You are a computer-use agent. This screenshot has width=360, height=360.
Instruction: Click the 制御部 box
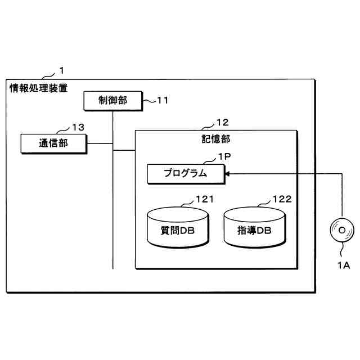112,101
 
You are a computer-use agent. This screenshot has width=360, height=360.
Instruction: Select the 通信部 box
53,143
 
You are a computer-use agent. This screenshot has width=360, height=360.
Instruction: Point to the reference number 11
162,101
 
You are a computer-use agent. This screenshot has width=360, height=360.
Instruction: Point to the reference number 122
281,200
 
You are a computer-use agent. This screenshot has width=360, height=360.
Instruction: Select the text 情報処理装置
38,88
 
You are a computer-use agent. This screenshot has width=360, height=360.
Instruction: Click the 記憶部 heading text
215,138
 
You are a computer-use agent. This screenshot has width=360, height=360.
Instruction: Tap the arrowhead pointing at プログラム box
227,174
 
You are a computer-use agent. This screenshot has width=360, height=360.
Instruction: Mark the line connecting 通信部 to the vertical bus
100,143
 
